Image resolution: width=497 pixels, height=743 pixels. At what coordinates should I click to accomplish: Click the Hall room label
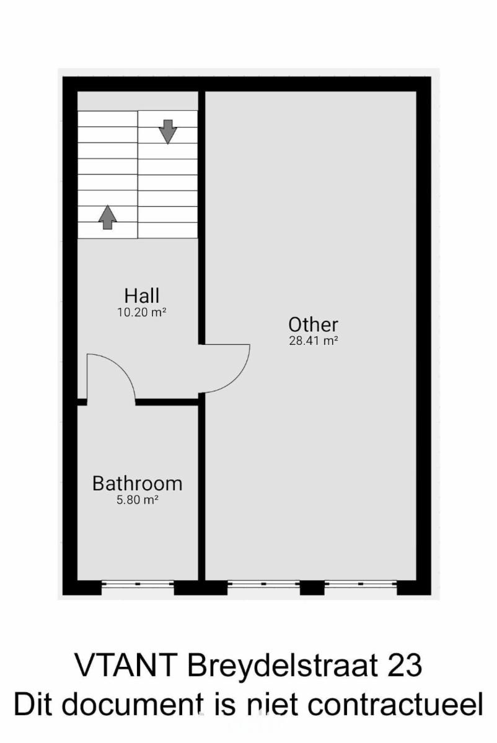tap(142, 295)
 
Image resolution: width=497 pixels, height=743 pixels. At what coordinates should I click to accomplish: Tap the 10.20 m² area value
tap(142, 313)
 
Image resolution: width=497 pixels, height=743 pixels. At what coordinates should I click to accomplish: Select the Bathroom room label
tap(137, 484)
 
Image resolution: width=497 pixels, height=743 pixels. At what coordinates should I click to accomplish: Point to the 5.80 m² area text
tap(137, 500)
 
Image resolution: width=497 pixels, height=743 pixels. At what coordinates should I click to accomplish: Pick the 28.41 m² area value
tap(314, 341)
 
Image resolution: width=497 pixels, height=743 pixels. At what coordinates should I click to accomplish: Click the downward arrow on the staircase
tap(168, 132)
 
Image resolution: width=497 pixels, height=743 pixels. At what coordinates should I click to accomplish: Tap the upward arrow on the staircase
tap(108, 217)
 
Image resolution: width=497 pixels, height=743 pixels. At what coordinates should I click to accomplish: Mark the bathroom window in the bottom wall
tap(138, 593)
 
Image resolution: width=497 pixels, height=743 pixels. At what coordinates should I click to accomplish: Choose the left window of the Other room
tap(263, 593)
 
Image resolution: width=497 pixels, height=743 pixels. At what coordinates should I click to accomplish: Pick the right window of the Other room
tap(361, 593)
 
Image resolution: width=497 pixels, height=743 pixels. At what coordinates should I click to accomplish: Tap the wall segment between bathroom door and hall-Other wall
tap(167, 402)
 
